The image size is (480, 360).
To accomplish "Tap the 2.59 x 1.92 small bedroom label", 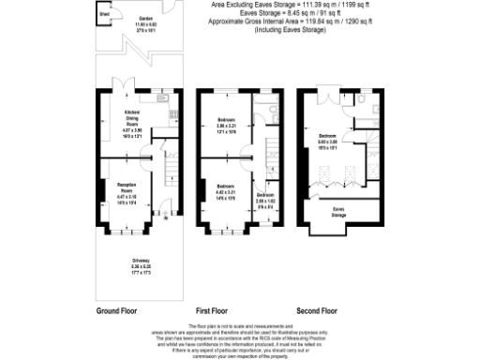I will (266, 198).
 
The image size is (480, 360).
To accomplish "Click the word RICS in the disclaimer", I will (265, 337).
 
